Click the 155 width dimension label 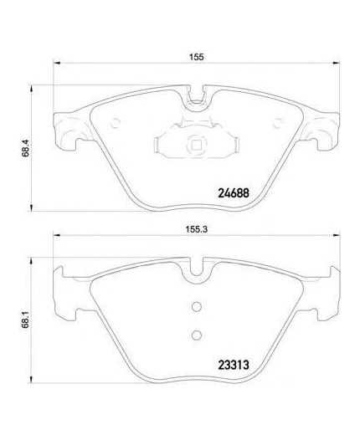pyautogui.click(x=197, y=57)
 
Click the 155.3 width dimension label pyautogui.click(x=197, y=229)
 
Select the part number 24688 pyautogui.click(x=233, y=192)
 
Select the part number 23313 pyautogui.click(x=233, y=365)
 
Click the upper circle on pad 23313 pyautogui.click(x=197, y=307)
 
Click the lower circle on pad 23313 pyautogui.click(x=197, y=335)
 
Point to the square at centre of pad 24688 pyautogui.click(x=197, y=145)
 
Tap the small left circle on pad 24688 pyautogui.click(x=115, y=123)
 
